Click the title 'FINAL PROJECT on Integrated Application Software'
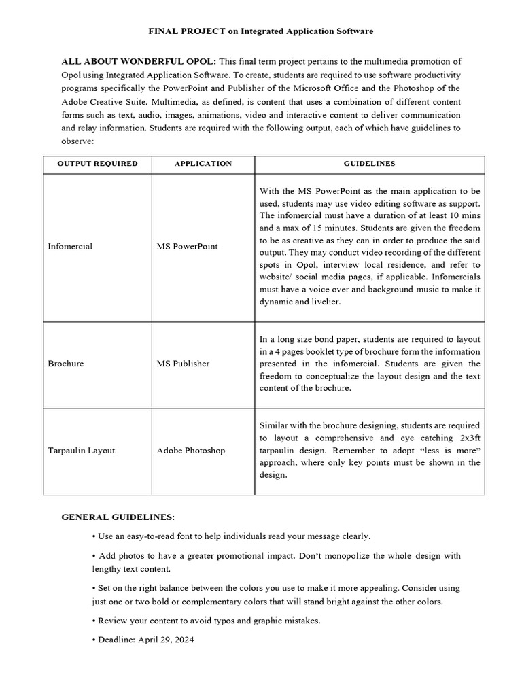(261, 31)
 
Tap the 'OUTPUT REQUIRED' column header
(97, 164)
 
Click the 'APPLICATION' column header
(203, 164)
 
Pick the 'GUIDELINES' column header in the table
(369, 164)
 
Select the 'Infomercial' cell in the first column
(70, 246)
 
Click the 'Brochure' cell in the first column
(66, 364)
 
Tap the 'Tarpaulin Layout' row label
(82, 450)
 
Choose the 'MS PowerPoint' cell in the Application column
(187, 246)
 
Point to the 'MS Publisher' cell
(183, 364)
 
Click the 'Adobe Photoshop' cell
(191, 450)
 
